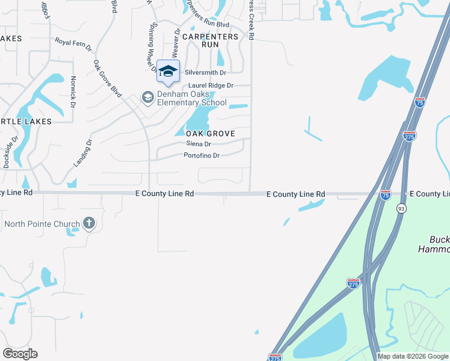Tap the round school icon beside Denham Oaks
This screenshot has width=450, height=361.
[147, 97]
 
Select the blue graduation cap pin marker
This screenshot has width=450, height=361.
[168, 71]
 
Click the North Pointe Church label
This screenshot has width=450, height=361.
[42, 224]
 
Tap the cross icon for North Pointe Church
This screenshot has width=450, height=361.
[88, 224]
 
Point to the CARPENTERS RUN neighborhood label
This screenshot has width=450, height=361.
[210, 40]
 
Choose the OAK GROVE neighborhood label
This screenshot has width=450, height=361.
[210, 133]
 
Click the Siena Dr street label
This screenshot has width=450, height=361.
[199, 144]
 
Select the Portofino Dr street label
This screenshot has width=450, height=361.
[202, 155]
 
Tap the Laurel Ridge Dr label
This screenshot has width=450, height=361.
[211, 86]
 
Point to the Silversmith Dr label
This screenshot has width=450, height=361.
[205, 72]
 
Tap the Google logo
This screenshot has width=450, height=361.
[20, 354]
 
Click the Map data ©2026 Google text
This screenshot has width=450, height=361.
[413, 356]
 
